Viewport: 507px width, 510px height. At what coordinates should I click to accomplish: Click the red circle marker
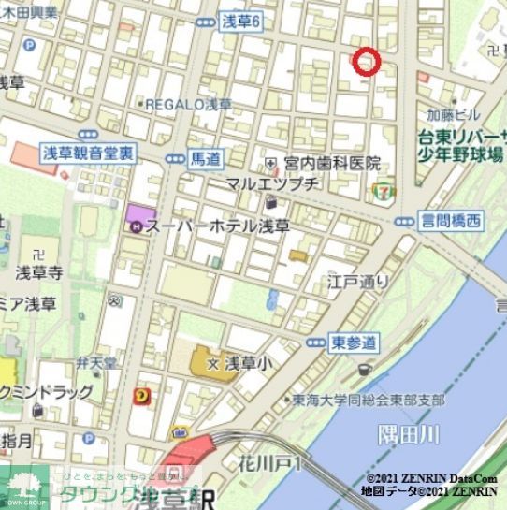pyautogui.click(x=366, y=60)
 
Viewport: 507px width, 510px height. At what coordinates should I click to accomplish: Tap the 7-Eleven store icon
pyautogui.click(x=382, y=190)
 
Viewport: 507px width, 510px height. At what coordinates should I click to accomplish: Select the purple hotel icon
pyautogui.click(x=136, y=225)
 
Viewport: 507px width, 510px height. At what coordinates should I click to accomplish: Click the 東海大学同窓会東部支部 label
pyautogui.click(x=368, y=400)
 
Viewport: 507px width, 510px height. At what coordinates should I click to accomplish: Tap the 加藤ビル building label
pyautogui.click(x=453, y=116)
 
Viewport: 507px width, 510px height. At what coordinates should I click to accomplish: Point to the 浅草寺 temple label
pyautogui.click(x=39, y=273)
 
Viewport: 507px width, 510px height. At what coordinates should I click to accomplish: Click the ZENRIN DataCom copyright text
pyautogui.click(x=431, y=477)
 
